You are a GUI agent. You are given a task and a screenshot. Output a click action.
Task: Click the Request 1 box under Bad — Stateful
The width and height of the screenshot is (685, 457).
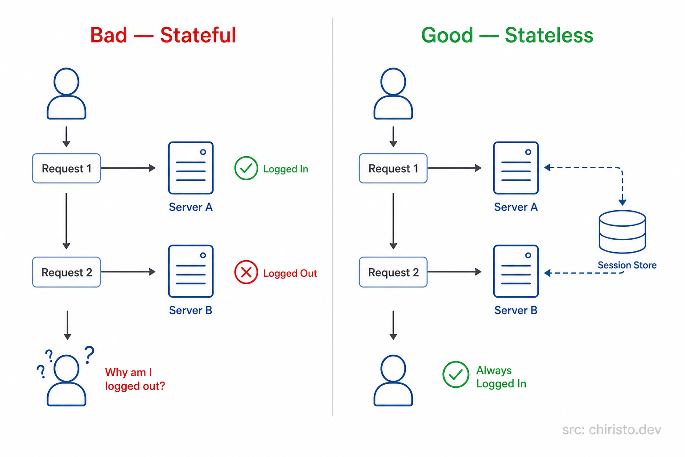pos(66,168)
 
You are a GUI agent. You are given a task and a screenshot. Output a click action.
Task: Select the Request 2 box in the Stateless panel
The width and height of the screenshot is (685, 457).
pos(393,272)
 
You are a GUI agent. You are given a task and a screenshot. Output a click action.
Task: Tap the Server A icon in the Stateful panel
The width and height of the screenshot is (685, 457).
pos(190,168)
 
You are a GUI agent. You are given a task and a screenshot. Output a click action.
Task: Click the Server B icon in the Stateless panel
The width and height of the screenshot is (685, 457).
pos(516,271)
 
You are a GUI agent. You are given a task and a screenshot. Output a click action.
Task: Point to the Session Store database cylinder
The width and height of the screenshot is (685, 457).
pos(622,232)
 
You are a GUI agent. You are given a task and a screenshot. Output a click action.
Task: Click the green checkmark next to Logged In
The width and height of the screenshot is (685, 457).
pos(246,168)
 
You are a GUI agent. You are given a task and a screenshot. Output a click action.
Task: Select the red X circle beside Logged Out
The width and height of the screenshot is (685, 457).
pos(246,272)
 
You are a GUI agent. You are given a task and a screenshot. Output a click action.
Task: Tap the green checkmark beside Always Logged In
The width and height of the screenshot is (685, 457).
pos(455,374)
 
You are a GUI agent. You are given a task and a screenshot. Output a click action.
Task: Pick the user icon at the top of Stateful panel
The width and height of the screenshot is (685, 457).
pos(66,94)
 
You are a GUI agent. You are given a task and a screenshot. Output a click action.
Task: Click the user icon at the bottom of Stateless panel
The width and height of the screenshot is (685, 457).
pos(393,380)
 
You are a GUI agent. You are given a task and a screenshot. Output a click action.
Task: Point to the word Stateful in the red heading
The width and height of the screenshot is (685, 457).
pos(198,35)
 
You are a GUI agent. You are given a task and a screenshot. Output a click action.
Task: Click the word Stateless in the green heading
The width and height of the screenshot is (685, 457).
pos(549,35)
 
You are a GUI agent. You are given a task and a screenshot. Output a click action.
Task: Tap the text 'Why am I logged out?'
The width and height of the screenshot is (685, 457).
pos(135,379)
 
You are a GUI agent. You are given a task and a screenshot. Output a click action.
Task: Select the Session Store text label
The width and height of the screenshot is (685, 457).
pos(627,265)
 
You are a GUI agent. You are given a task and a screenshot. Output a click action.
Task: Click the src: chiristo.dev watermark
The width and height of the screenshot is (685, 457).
pos(611,430)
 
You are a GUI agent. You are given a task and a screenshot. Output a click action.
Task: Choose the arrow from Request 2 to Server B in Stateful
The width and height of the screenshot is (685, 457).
pos(128,272)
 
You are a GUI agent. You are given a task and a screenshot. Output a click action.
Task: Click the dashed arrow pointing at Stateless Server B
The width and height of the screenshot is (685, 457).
pos(580,273)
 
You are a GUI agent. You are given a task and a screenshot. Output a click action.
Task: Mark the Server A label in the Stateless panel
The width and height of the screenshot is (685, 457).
pos(516,207)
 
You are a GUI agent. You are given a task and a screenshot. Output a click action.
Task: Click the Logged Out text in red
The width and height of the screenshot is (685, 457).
pos(290,273)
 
